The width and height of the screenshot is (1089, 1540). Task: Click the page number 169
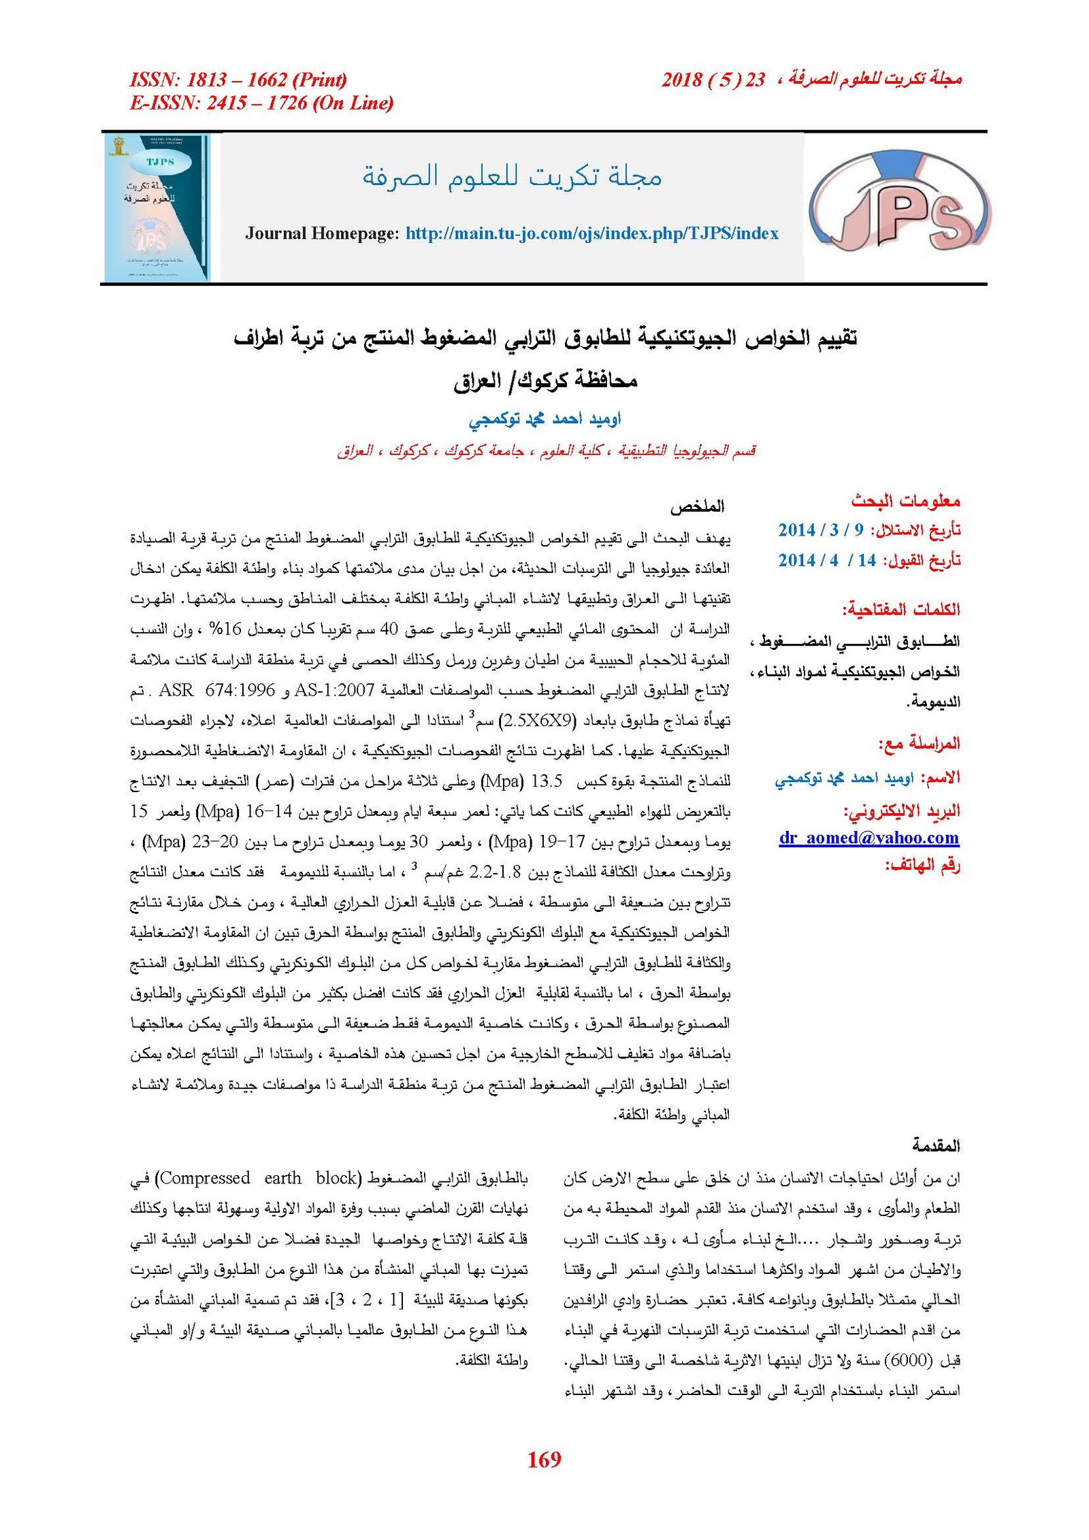[544, 1459]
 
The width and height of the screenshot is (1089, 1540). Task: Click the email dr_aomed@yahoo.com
[868, 838]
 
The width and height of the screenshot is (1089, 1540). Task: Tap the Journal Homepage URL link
[591, 233]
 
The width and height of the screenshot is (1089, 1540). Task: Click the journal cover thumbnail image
[157, 208]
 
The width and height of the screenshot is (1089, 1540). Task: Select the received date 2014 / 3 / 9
[821, 529]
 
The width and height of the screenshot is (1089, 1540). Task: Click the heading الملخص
[698, 506]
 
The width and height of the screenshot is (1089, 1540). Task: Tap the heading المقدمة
[935, 1146]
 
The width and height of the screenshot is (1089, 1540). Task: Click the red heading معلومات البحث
[905, 502]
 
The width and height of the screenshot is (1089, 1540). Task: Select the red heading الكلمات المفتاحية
[901, 609]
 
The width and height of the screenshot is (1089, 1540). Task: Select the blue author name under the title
[544, 418]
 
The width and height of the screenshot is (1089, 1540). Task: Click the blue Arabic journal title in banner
[512, 176]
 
